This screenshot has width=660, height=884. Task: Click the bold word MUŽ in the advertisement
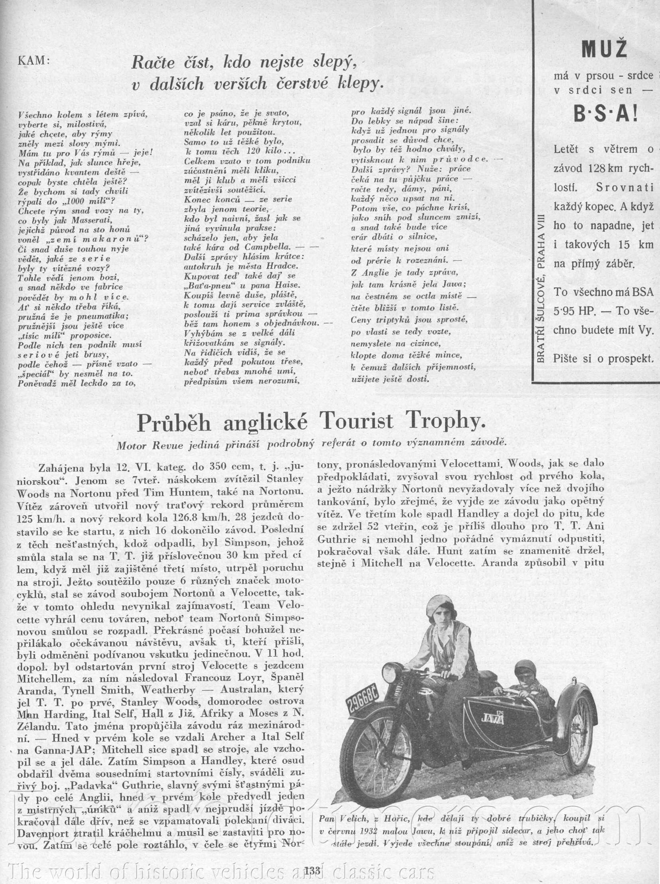[x=604, y=49]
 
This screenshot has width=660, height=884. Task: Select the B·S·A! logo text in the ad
[x=606, y=115]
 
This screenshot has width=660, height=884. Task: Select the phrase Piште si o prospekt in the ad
[x=603, y=359]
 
